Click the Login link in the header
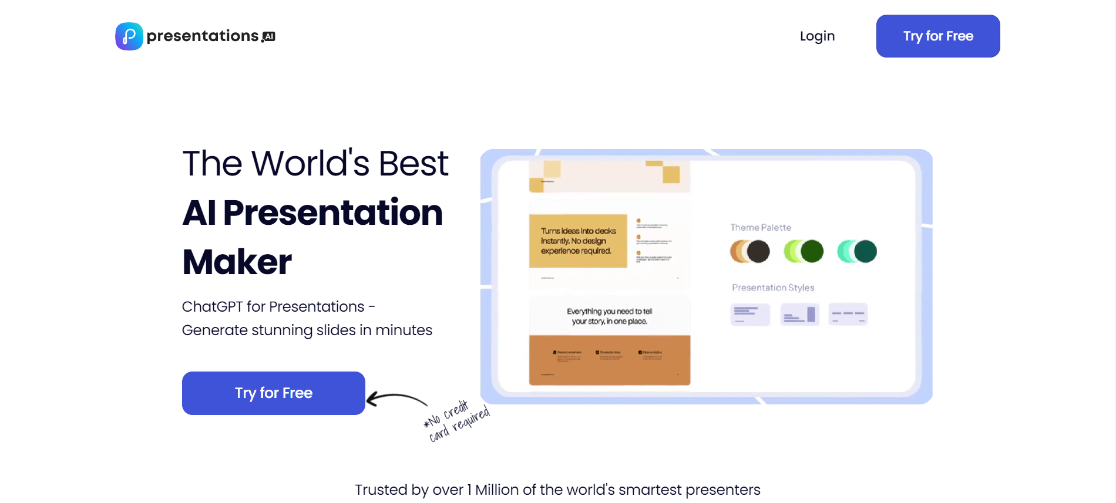[817, 36]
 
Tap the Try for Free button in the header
[937, 36]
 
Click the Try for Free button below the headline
[273, 393]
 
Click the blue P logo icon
[129, 36]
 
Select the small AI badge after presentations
[269, 37]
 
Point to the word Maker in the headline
[237, 262]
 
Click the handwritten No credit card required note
[456, 421]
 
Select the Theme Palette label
[761, 228]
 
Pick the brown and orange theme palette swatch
[750, 252]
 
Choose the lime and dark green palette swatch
[804, 252]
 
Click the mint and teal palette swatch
[857, 252]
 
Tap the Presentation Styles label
[773, 288]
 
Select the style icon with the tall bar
[799, 315]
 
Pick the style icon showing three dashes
[848, 315]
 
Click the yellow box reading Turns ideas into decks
[578, 241]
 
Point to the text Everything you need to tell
[609, 312]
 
